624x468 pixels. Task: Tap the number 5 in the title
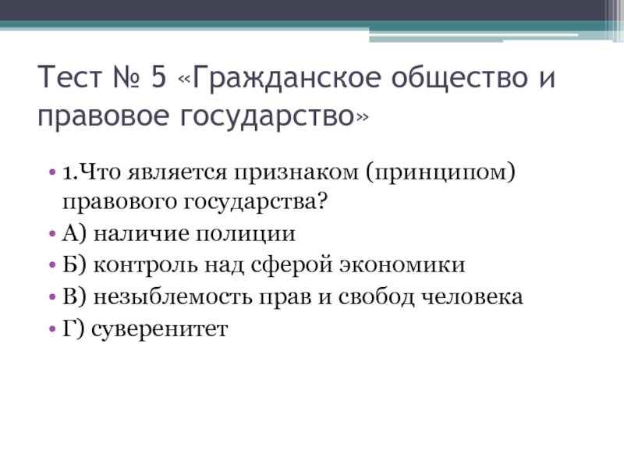click(x=158, y=76)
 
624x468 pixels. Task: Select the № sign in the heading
click(x=126, y=76)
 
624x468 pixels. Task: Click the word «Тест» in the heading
click(x=70, y=76)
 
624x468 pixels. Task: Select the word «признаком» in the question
click(x=296, y=173)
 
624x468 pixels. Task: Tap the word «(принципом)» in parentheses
click(x=440, y=173)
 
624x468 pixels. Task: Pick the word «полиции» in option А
click(x=246, y=234)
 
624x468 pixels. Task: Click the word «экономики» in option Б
click(x=402, y=265)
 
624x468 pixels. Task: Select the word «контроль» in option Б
click(x=145, y=266)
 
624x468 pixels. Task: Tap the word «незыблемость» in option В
click(x=172, y=297)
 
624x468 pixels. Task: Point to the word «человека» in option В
click(x=472, y=298)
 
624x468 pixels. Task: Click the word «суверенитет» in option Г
click(x=160, y=329)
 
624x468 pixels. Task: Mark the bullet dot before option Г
click(x=52, y=328)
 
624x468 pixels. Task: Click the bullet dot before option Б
click(x=52, y=265)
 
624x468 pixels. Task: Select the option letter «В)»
click(x=74, y=297)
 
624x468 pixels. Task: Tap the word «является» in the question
click(x=177, y=173)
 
